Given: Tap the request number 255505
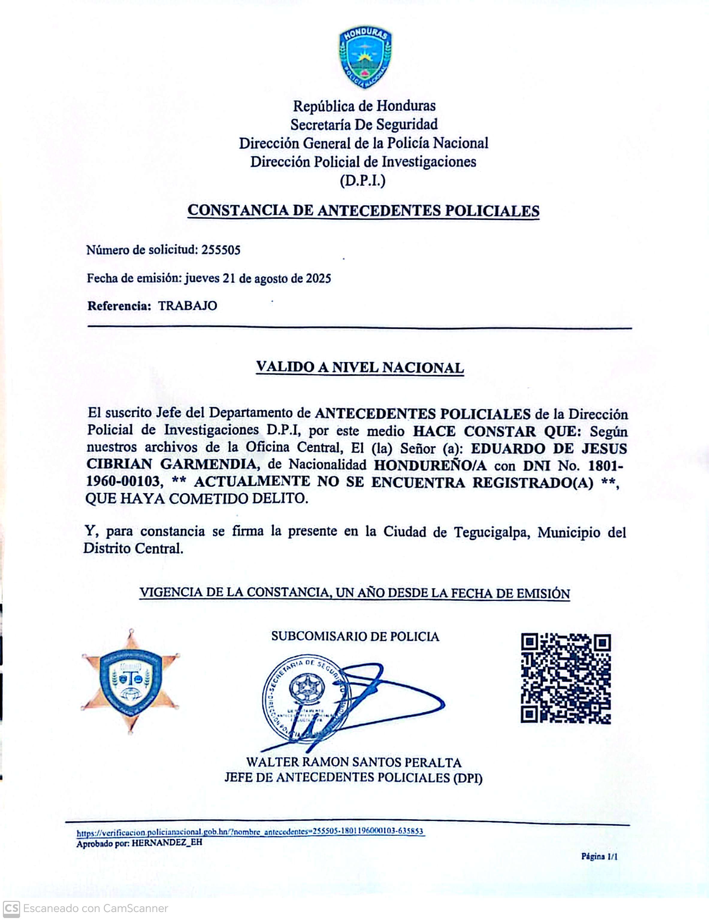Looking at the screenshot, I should tap(221, 250).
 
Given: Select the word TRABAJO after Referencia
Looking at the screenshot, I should tap(188, 306).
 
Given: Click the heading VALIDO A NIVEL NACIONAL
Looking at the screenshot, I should tap(360, 367).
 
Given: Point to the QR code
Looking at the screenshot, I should tap(566, 679).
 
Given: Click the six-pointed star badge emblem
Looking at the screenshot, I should tap(131, 681).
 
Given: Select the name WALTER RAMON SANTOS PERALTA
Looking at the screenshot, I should tap(354, 762).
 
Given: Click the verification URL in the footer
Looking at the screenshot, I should tap(250, 832).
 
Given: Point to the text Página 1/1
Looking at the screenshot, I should tap(599, 856).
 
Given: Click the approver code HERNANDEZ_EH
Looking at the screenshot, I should tap(167, 843).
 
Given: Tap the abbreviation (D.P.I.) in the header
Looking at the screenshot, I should tap(362, 180).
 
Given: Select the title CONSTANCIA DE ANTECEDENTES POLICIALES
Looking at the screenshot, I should tap(363, 210).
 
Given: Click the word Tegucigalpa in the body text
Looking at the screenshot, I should tap(491, 532).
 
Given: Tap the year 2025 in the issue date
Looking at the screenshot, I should tap(319, 278).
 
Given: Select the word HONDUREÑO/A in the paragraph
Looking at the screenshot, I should tap(430, 465).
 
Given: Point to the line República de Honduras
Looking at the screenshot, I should tap(364, 106).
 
